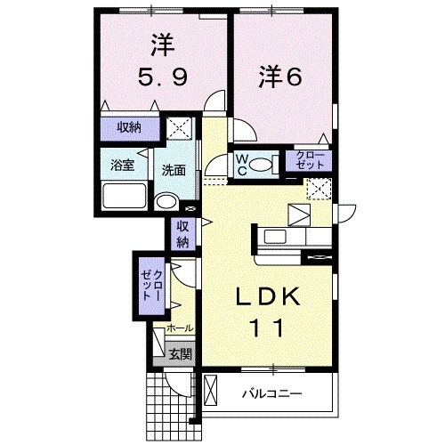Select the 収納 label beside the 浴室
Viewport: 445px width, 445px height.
[x=130, y=127]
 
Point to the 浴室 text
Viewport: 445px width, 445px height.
[x=121, y=165]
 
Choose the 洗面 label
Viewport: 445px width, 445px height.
[x=174, y=169]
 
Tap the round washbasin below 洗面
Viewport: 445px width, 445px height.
[x=166, y=202]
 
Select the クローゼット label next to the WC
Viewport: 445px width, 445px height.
[x=312, y=161]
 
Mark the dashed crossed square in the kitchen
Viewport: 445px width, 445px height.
[x=318, y=189]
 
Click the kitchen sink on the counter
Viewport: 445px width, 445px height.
[x=298, y=214]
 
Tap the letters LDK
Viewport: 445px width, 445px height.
[x=264, y=297]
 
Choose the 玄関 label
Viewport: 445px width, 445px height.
[x=180, y=354]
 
